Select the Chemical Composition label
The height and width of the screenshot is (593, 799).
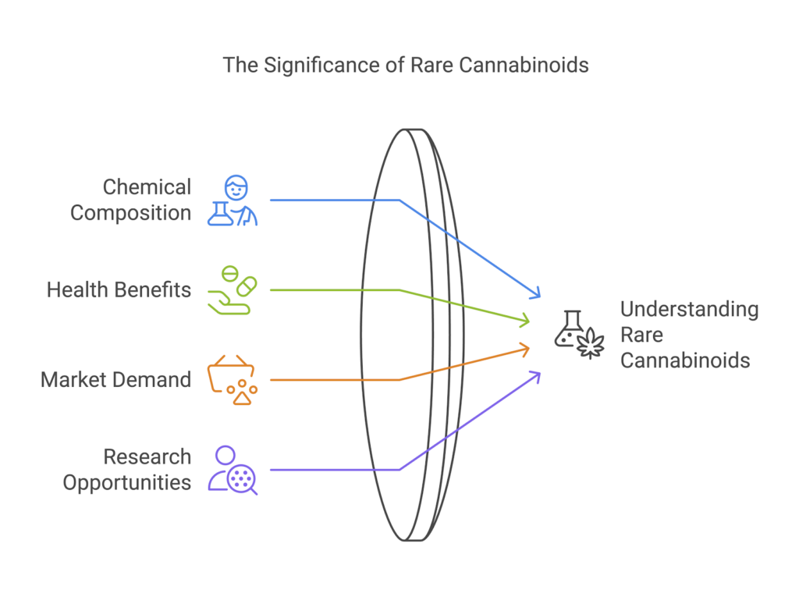tap(130, 200)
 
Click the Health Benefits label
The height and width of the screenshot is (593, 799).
tap(119, 290)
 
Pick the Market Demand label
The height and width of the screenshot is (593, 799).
tap(115, 380)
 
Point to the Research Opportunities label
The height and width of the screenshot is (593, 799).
tap(127, 470)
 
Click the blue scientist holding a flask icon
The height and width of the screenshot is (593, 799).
tap(233, 201)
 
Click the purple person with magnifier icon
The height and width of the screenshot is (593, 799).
tap(232, 470)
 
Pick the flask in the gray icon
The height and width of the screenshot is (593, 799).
tap(570, 328)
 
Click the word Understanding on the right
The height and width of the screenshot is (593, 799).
tap(689, 309)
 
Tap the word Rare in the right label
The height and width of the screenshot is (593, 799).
tap(642, 335)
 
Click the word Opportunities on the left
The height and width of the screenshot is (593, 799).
tap(127, 483)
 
